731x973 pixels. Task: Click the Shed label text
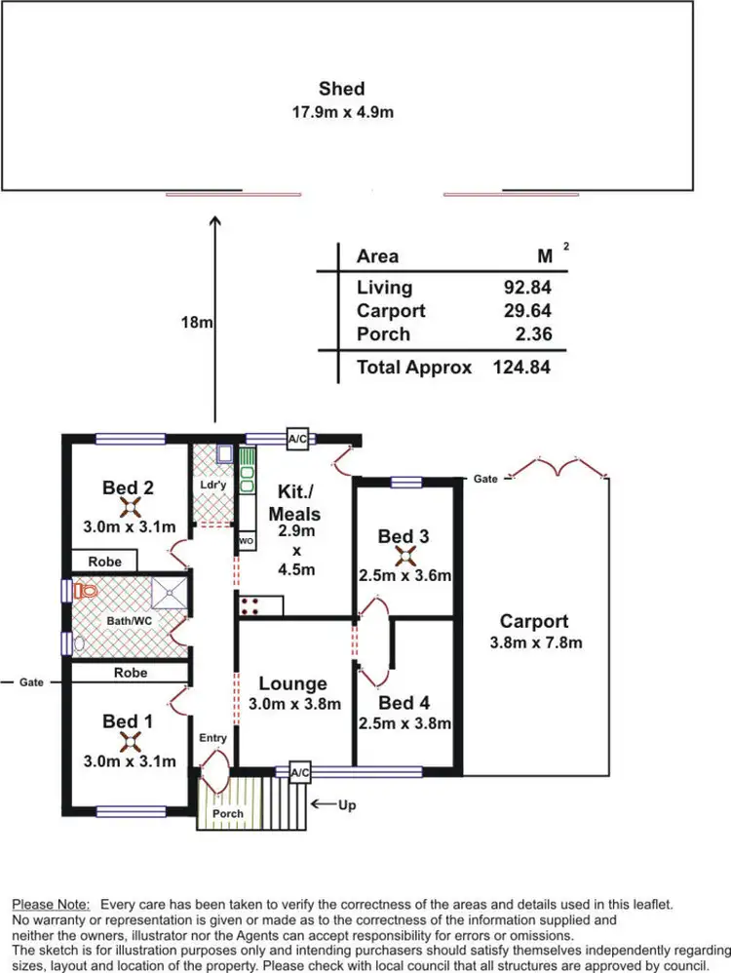point(347,90)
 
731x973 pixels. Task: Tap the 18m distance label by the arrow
point(198,323)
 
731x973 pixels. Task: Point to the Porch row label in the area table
point(383,334)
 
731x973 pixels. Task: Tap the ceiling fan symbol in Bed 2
point(131,507)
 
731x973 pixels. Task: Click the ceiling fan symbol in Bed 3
point(403,556)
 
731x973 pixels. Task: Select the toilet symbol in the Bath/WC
point(86,591)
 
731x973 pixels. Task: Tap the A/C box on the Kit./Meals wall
point(297,440)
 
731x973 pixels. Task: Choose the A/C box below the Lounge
point(300,773)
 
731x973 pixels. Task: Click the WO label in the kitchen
point(247,541)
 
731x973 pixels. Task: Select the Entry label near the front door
point(213,739)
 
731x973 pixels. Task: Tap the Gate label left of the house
point(31,682)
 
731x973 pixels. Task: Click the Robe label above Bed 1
point(131,673)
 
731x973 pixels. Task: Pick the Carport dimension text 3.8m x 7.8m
point(534,642)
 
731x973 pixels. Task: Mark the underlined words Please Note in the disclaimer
point(51,905)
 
